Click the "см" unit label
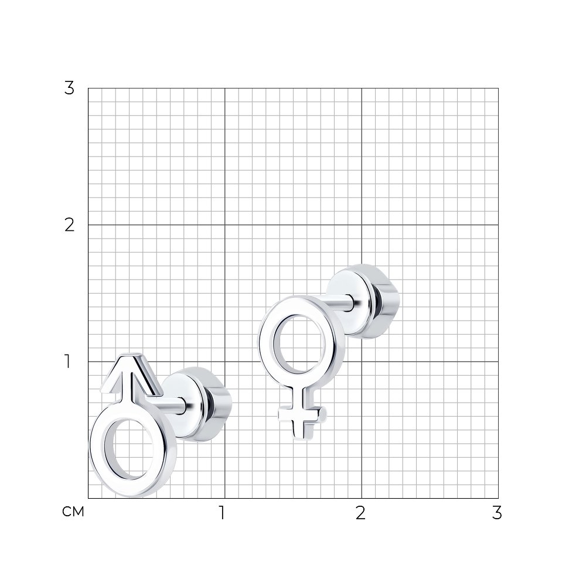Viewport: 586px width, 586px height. coord(73,512)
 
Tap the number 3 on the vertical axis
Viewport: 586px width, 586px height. coord(69,88)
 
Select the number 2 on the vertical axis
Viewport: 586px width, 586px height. coord(69,225)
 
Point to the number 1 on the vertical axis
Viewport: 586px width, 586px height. coord(67,362)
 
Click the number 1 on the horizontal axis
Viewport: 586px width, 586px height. coord(222,513)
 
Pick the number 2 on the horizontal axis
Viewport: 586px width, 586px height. coord(360,513)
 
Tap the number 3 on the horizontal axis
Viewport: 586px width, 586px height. coord(497,513)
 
